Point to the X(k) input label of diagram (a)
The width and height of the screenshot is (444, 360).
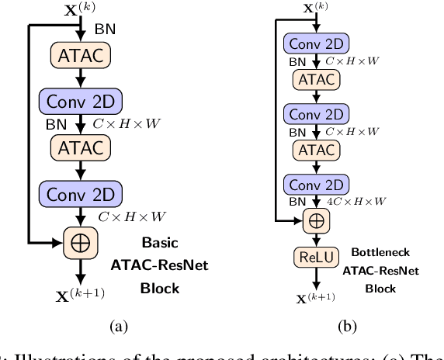[80, 10]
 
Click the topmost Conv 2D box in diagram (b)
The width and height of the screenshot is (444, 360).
[315, 43]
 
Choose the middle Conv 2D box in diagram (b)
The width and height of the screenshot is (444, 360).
[315, 113]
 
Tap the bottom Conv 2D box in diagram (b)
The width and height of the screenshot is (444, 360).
[315, 185]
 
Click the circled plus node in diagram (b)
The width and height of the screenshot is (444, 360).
[315, 221]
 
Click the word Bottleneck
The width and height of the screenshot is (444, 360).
[380, 252]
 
